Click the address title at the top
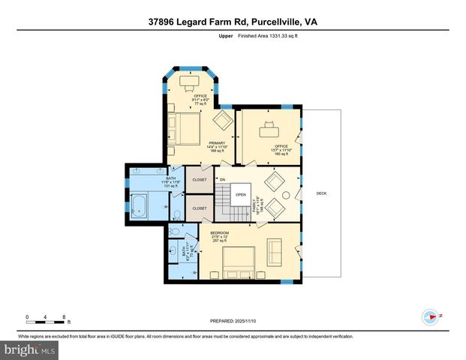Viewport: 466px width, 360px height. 233,22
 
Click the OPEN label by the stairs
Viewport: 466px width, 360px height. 240,194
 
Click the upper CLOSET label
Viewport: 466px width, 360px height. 200,180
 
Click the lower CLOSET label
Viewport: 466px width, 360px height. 200,208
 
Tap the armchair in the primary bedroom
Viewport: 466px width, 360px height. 223,121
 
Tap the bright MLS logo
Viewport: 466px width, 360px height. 30,349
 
